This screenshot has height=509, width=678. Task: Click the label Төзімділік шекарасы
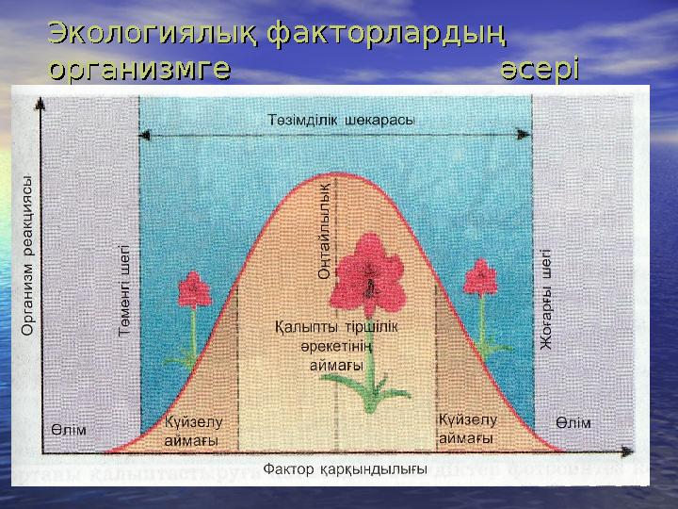335,120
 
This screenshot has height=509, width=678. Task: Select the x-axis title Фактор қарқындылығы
345,468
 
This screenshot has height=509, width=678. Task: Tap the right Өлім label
573,422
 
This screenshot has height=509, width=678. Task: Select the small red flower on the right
480,279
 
